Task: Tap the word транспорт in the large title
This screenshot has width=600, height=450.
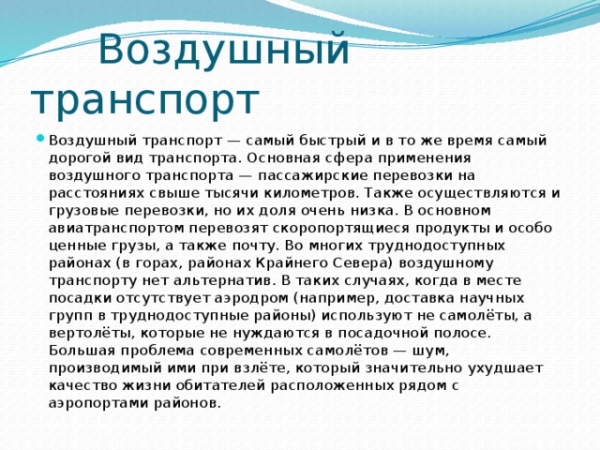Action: (144, 98)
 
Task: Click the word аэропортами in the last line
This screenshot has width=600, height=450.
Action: (99, 403)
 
